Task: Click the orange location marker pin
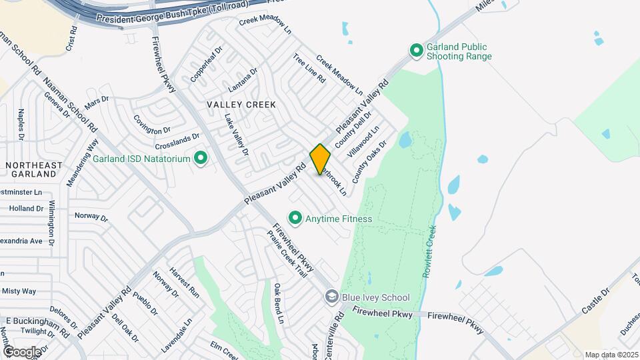[x=320, y=159]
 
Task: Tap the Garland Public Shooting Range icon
[x=417, y=51]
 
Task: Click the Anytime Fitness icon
[x=294, y=218]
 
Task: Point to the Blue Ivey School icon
[x=331, y=297]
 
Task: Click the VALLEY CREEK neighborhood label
[x=241, y=105]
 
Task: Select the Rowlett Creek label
[x=431, y=252]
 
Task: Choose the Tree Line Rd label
[x=309, y=68]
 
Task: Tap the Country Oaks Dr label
[x=369, y=162]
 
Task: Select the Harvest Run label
[x=184, y=282]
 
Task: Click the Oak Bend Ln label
[x=279, y=303]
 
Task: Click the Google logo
[x=22, y=351]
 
